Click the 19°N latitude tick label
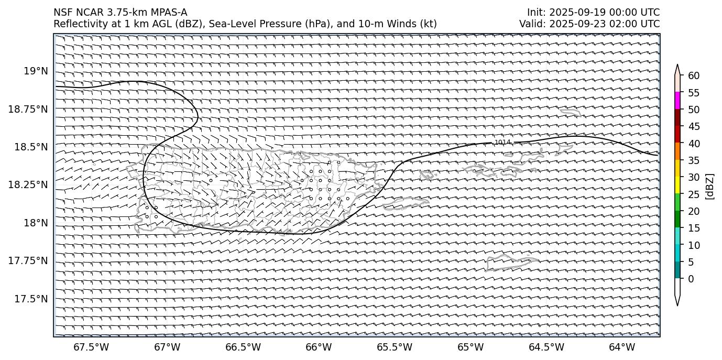click(36, 71)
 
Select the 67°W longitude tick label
click(167, 347)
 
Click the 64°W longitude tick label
click(622, 347)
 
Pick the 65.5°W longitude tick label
click(395, 347)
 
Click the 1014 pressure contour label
click(502, 143)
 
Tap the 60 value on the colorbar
click(694, 76)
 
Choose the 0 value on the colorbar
click(691, 279)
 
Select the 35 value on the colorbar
click(694, 160)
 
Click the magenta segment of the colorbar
click(677, 101)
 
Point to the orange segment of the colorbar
click(677, 151)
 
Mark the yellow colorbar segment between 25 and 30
click(677, 185)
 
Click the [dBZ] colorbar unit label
click(710, 186)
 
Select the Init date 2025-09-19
click(574, 12)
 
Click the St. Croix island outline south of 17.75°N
click(512, 262)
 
